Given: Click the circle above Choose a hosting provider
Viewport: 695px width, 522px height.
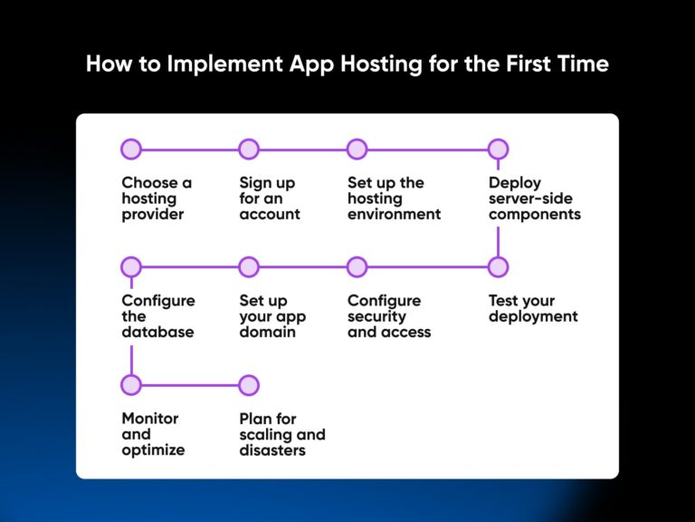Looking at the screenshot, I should coord(131,150).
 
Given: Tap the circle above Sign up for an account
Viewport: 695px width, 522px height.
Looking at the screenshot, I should coord(249,150).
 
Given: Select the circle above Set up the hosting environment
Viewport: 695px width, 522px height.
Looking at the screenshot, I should coord(357,150).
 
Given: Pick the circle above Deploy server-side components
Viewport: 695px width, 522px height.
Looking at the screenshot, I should coord(498,150).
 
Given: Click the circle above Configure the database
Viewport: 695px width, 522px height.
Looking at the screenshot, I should coord(131,267).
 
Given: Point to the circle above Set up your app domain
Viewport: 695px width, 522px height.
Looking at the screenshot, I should coord(249,267).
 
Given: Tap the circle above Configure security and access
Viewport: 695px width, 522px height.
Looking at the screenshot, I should coord(357,267).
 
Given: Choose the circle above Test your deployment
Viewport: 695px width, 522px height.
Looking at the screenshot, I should coord(498,267).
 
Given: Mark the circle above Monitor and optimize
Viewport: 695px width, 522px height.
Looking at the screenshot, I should coord(131,385).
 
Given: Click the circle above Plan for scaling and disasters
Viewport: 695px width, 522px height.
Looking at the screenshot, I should coord(249,385).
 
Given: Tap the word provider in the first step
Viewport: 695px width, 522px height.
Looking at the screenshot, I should coord(153,215).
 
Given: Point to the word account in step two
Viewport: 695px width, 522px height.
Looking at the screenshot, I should coord(270,215).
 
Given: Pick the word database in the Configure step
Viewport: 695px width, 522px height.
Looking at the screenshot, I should coord(158,333).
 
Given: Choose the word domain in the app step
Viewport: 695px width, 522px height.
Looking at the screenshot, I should coord(268,333).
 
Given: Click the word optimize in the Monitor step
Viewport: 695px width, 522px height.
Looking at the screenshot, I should coord(153,450).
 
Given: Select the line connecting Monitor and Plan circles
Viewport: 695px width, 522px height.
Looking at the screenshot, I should coord(190,385).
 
